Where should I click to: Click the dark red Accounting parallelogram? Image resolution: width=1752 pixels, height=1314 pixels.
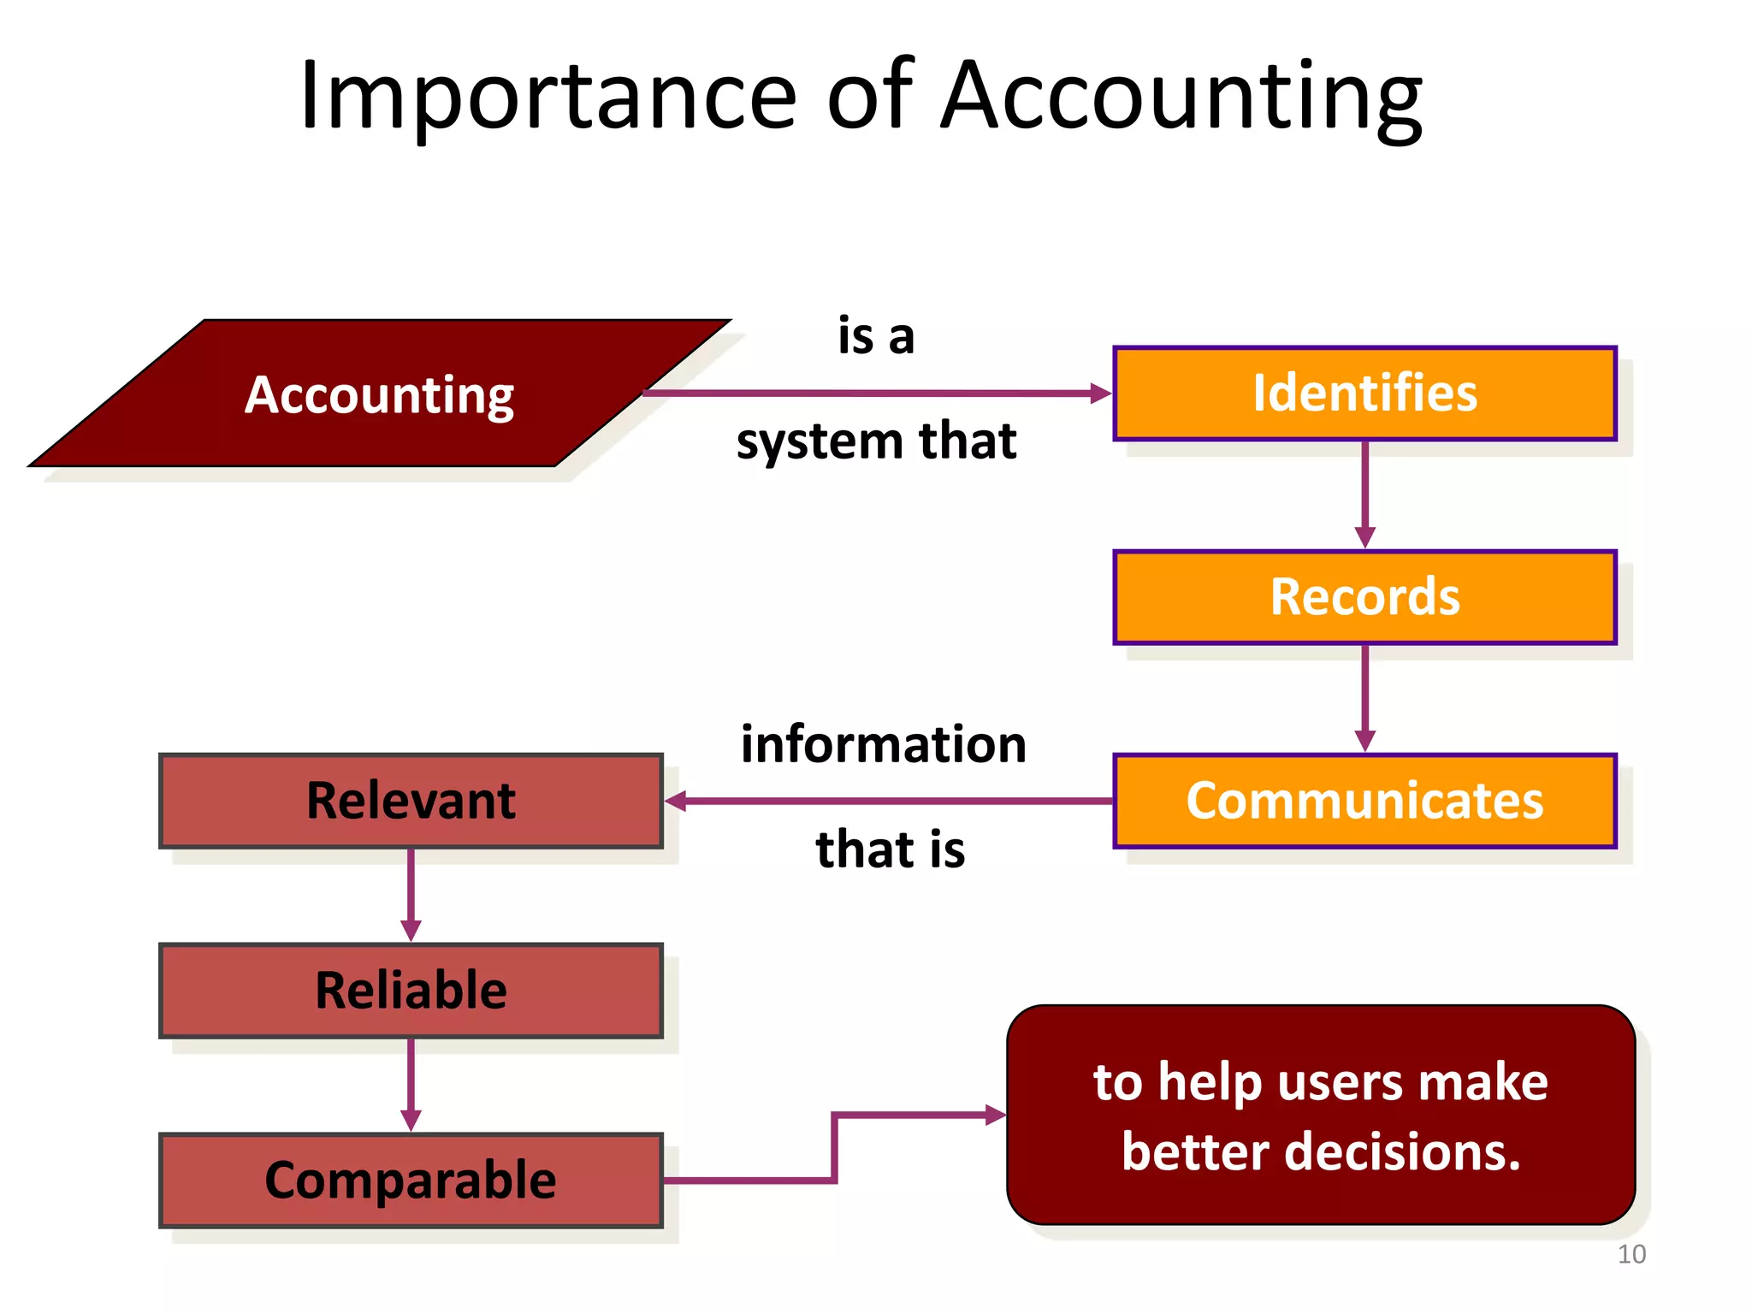[x=380, y=394]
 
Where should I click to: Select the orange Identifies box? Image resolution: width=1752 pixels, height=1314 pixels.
[x=1364, y=394]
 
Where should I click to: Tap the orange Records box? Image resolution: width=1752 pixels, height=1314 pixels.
[x=1364, y=597]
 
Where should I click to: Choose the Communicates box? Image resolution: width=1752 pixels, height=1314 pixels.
[x=1364, y=801]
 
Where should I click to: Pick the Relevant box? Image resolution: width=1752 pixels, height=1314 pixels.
[x=411, y=801]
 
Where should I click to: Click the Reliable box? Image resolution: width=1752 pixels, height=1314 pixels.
[x=411, y=991]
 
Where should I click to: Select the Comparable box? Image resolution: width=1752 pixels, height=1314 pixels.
[x=411, y=1181]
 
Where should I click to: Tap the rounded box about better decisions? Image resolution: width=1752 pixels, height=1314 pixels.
[x=1321, y=1116]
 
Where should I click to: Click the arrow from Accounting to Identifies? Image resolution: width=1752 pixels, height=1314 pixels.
[x=877, y=394]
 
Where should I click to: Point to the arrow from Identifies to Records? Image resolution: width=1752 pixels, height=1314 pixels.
[x=1365, y=494]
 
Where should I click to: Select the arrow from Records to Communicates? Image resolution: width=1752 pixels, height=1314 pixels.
[x=1365, y=698]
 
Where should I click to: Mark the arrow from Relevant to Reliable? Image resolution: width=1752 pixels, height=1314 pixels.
[x=411, y=895]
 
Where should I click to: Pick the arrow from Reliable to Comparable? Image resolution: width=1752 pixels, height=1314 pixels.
[x=411, y=1085]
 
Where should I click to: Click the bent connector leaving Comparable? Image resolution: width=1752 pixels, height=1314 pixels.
[x=834, y=1146]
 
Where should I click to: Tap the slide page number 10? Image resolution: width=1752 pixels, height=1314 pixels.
[x=1631, y=1254]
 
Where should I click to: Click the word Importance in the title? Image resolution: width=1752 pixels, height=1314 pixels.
[x=547, y=96]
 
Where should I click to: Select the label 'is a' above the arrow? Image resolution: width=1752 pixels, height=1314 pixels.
[x=876, y=335]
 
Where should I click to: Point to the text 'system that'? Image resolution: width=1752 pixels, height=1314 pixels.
[x=876, y=441]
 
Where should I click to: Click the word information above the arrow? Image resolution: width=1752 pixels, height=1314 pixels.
[x=883, y=744]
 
